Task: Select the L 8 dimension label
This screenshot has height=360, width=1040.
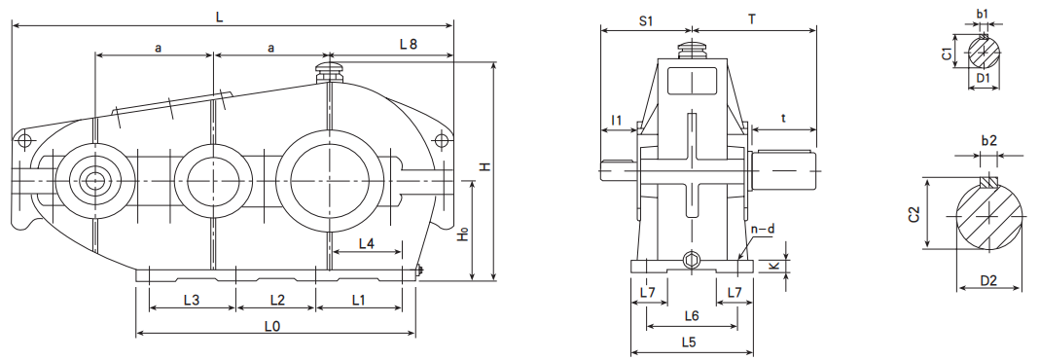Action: click(x=409, y=45)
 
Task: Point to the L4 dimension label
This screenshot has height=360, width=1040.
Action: click(x=366, y=243)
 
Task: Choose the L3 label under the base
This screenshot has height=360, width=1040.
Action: click(x=191, y=300)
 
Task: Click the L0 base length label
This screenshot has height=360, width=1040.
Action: click(x=272, y=326)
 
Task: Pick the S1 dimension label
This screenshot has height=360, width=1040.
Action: click(x=646, y=20)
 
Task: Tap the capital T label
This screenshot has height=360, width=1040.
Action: click(x=751, y=19)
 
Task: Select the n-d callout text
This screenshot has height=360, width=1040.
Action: click(x=763, y=230)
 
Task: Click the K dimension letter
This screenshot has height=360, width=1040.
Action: click(x=772, y=266)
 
